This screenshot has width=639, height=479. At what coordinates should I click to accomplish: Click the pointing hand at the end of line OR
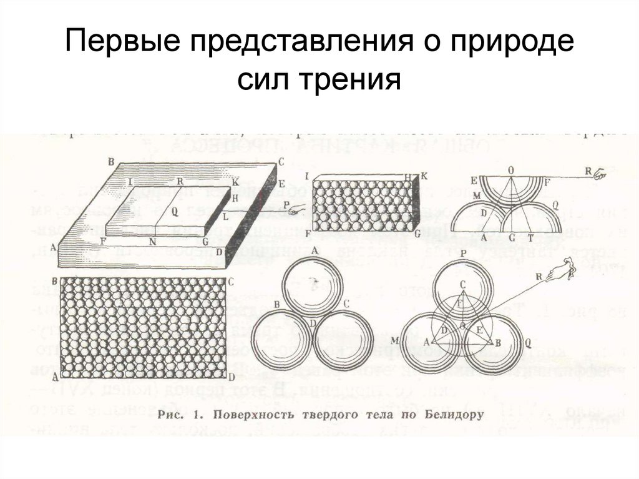coord(600,174)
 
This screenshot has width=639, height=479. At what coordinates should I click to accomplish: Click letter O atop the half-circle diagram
coord(511,169)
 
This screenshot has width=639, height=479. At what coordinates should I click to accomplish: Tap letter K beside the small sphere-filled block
coord(424,176)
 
